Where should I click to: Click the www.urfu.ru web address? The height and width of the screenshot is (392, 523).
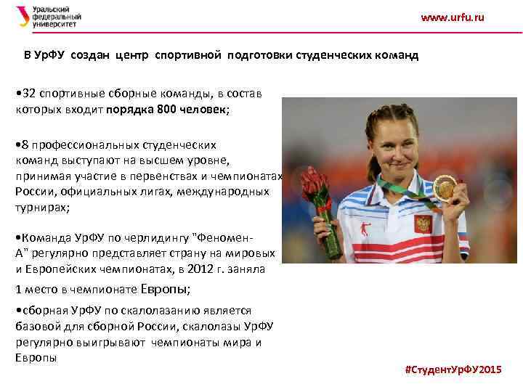452,17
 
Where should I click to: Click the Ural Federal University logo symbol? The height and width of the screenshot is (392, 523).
23,16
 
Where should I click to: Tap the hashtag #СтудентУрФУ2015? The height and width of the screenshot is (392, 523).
453,369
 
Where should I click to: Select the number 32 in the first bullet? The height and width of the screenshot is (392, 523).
31,94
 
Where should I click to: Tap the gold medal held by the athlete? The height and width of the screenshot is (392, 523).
445,188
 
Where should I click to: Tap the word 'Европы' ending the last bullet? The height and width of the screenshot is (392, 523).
35,358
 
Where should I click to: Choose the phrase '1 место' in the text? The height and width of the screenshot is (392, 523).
36,289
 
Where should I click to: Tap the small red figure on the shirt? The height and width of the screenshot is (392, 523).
364,230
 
